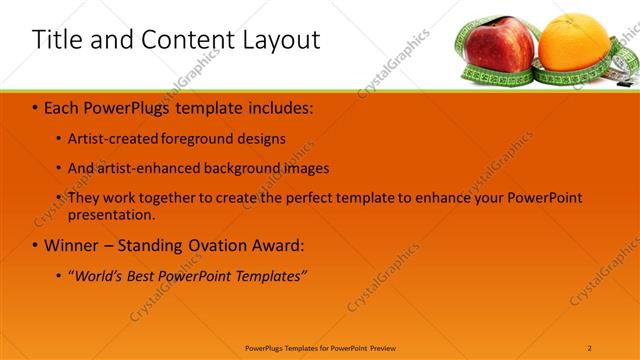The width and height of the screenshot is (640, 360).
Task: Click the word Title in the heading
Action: (x=56, y=40)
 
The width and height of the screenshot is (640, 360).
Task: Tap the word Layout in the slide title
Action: (x=280, y=40)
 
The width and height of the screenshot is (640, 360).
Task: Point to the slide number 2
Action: (x=590, y=347)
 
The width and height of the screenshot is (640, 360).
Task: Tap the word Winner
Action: (x=73, y=245)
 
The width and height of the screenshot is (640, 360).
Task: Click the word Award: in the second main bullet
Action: (x=274, y=245)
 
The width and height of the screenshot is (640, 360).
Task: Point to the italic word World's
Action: (x=101, y=275)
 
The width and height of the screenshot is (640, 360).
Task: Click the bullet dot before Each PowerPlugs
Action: (x=36, y=107)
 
